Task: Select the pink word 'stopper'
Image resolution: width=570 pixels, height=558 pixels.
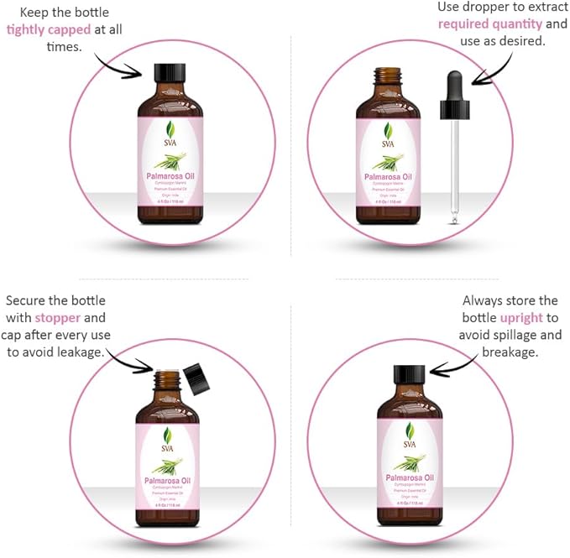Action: tap(58, 318)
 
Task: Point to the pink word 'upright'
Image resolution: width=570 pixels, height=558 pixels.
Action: tap(521, 318)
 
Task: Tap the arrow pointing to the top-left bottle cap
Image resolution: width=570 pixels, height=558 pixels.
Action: tap(118, 65)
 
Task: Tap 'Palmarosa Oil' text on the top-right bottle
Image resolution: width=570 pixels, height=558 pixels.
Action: tap(387, 177)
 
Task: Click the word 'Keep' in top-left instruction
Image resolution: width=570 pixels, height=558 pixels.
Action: tap(22, 11)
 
